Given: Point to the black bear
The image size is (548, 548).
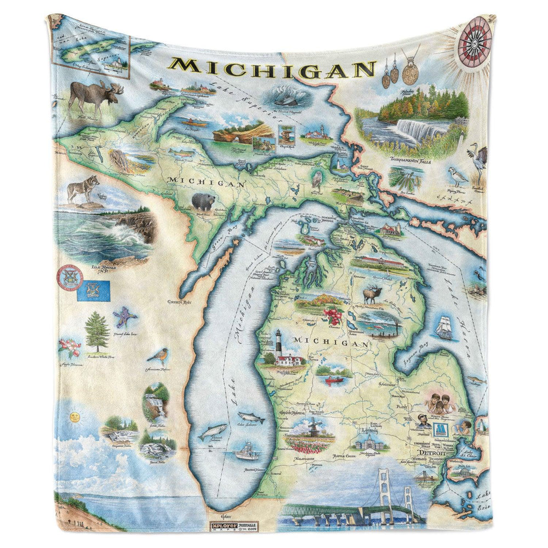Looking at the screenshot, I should point(202,202).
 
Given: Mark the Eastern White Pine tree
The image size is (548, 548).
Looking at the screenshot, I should point(97,332).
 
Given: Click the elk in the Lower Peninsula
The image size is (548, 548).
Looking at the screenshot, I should point(372,294).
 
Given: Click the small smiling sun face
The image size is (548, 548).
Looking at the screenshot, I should point(72,419).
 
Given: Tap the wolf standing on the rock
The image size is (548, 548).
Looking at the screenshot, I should point(84,189).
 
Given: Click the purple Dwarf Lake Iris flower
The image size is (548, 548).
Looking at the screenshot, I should point(124,318).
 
